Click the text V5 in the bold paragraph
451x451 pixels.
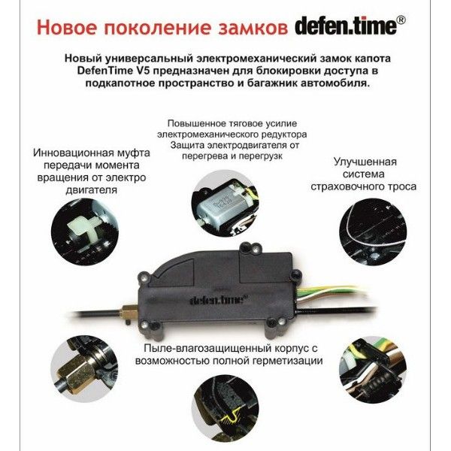click(x=143, y=71)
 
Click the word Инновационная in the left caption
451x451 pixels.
click(x=74, y=153)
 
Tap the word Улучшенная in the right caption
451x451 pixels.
click(x=365, y=162)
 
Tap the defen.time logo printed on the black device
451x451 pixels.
click(x=219, y=300)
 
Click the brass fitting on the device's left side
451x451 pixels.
click(x=129, y=313)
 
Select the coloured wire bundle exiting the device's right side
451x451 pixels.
click(x=331, y=292)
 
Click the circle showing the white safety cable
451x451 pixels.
click(x=373, y=232)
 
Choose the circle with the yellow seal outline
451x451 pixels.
click(x=225, y=408)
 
